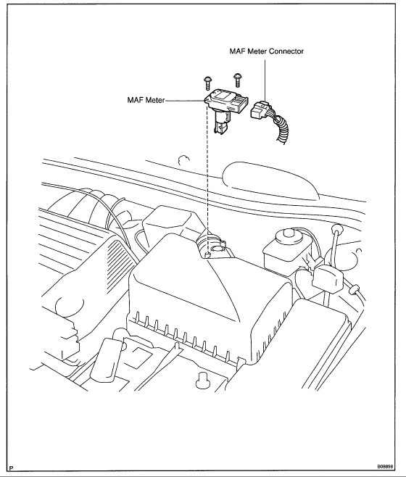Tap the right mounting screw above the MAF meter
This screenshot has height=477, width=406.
[236, 78]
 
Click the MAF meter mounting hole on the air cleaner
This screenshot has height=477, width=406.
[210, 254]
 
